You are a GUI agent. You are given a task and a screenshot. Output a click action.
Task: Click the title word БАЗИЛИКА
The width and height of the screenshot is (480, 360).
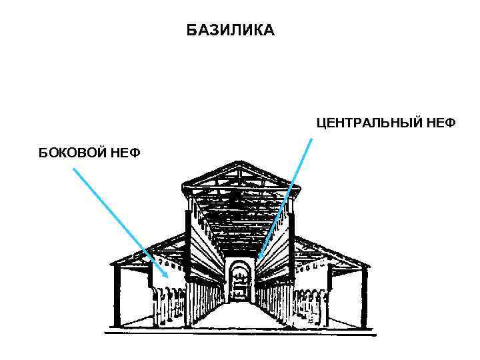[x=230, y=31]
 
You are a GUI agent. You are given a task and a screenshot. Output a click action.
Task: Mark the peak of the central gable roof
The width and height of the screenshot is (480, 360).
[x=240, y=162]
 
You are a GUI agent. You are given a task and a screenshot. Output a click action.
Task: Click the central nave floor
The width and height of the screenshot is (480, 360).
[x=241, y=316]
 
